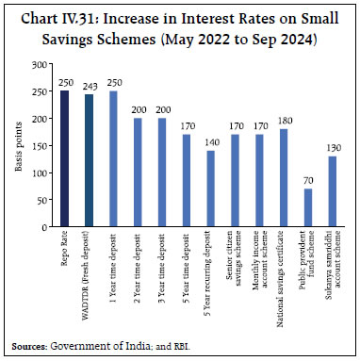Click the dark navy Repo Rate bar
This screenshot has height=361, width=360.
pos(64,158)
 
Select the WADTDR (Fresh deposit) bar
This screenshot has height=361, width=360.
pos(89,160)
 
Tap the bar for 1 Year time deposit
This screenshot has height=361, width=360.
pos(113,158)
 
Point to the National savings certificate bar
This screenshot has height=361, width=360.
pos(284,177)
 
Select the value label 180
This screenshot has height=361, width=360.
pos(284,122)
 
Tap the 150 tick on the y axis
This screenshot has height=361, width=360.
pos(41,145)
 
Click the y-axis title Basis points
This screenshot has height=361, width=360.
pos(17,146)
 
